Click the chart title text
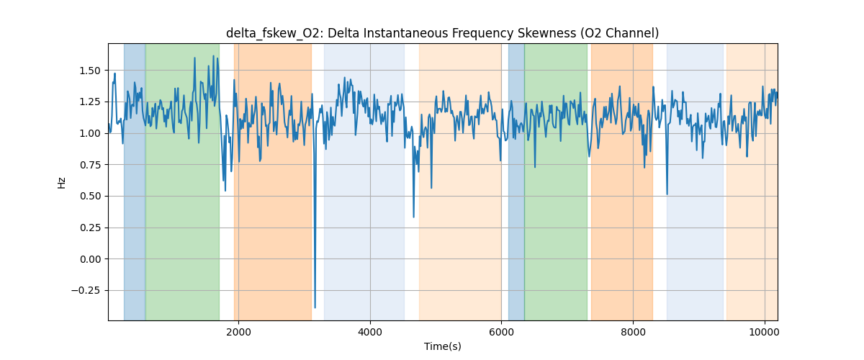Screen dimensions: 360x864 (x=442, y=33)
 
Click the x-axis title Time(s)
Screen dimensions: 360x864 (x=442, y=346)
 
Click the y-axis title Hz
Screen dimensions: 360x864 (x=62, y=183)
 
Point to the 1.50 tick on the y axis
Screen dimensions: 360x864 (x=91, y=71)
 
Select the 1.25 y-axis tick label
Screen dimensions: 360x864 (x=91, y=102)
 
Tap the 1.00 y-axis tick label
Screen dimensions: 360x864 (x=91, y=133)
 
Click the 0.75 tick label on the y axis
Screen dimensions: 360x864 (x=91, y=165)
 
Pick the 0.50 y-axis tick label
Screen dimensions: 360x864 (x=91, y=196)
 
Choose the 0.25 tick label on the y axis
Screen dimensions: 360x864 (x=91, y=228)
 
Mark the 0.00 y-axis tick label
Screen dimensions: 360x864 (x=91, y=259)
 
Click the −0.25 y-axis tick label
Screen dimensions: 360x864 (x=88, y=290)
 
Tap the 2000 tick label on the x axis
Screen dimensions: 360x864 (x=239, y=332)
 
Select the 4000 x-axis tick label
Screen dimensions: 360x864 (x=370, y=332)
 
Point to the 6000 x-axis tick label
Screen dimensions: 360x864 (x=501, y=332)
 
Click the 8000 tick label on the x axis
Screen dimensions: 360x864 (x=633, y=332)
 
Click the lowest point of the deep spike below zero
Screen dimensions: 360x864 (x=315, y=307)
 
